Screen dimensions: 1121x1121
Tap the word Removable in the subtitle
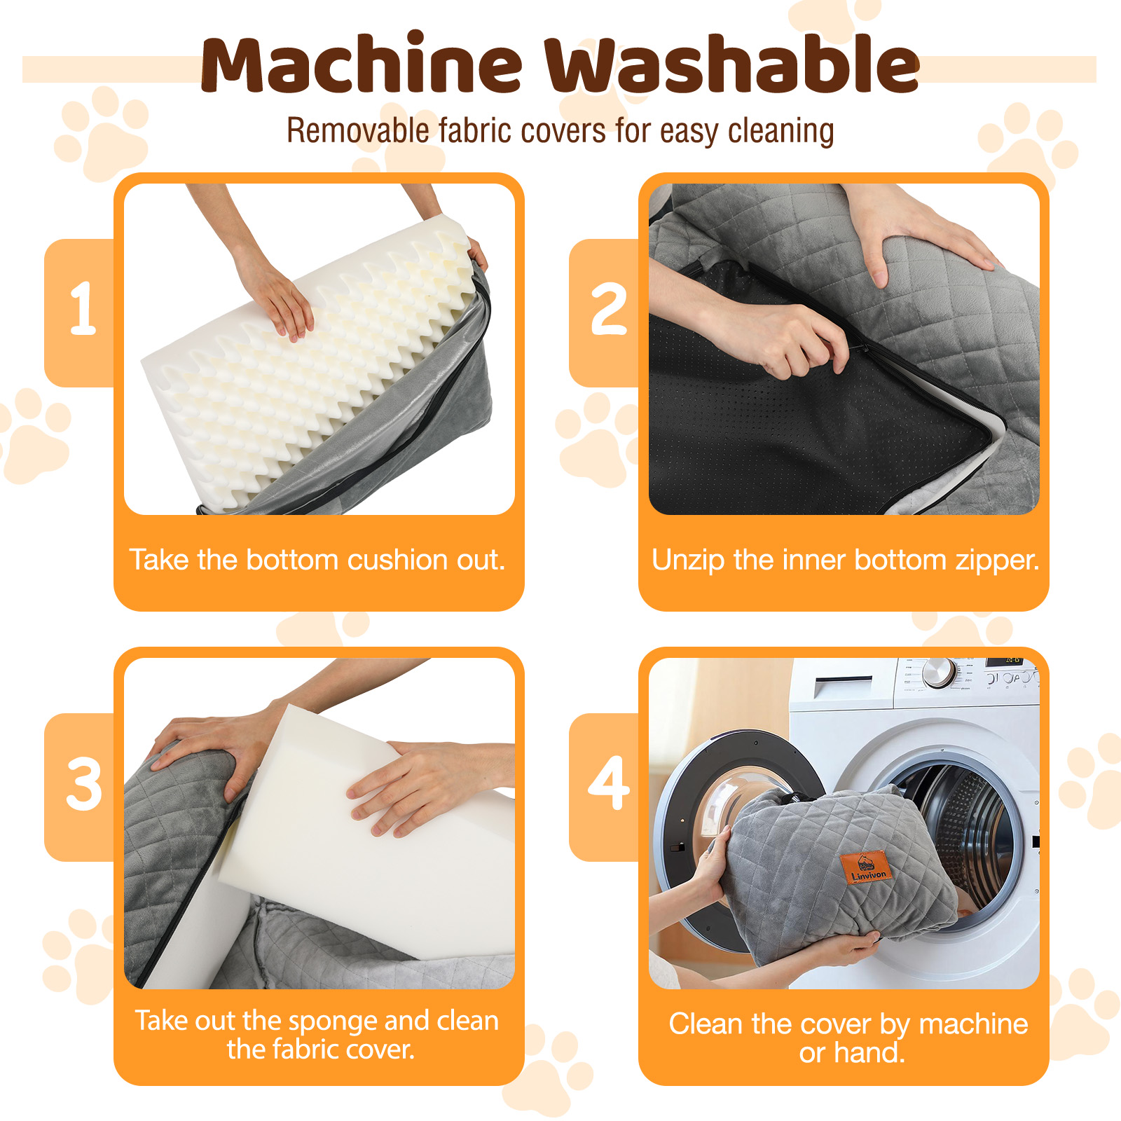point(358,130)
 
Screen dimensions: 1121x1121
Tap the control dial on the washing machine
point(939,673)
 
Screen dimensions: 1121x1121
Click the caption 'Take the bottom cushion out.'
point(317,560)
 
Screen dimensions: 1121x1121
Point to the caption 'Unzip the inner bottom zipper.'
point(846,560)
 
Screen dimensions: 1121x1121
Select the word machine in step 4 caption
point(973,1024)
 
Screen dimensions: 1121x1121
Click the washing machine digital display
point(1012,661)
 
